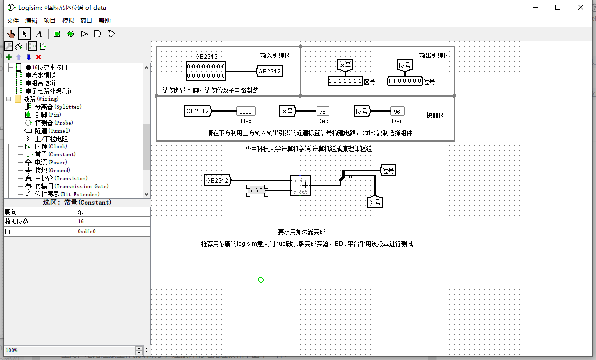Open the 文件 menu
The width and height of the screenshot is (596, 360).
pyautogui.click(x=13, y=20)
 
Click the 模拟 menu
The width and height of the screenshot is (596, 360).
pyautogui.click(x=68, y=20)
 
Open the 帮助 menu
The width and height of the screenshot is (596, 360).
pyautogui.click(x=105, y=20)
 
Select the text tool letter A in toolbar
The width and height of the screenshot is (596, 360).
pyautogui.click(x=39, y=34)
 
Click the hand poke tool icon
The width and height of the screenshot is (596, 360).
pyautogui.click(x=11, y=34)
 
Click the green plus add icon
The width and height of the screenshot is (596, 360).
pyautogui.click(x=8, y=57)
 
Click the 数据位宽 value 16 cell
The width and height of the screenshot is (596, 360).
pyautogui.click(x=113, y=221)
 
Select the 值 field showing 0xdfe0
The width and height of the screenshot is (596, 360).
pyautogui.click(x=113, y=231)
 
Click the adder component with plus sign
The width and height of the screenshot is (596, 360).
pyautogui.click(x=300, y=185)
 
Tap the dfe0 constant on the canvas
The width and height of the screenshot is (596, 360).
pyautogui.click(x=257, y=190)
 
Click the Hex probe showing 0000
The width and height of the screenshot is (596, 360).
pyautogui.click(x=246, y=112)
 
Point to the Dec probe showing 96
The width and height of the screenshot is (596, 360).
pyautogui.click(x=397, y=112)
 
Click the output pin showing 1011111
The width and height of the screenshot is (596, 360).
pyautogui.click(x=346, y=81)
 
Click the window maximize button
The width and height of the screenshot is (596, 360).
pyautogui.click(x=558, y=7)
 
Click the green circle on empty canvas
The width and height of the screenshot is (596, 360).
pyautogui.click(x=261, y=280)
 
